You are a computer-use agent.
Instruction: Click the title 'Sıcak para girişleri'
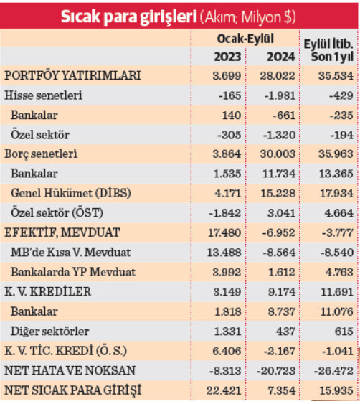[128, 15]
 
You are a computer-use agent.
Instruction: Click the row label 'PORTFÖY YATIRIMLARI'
[72, 75]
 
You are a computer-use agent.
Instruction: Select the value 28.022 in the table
[273, 75]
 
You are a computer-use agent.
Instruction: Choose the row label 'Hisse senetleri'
[43, 95]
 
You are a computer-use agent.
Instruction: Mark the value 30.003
[273, 154]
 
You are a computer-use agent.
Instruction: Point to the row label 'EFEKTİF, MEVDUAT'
[62, 232]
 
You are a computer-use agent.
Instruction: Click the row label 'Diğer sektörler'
[50, 330]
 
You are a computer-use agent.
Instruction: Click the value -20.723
[272, 370]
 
